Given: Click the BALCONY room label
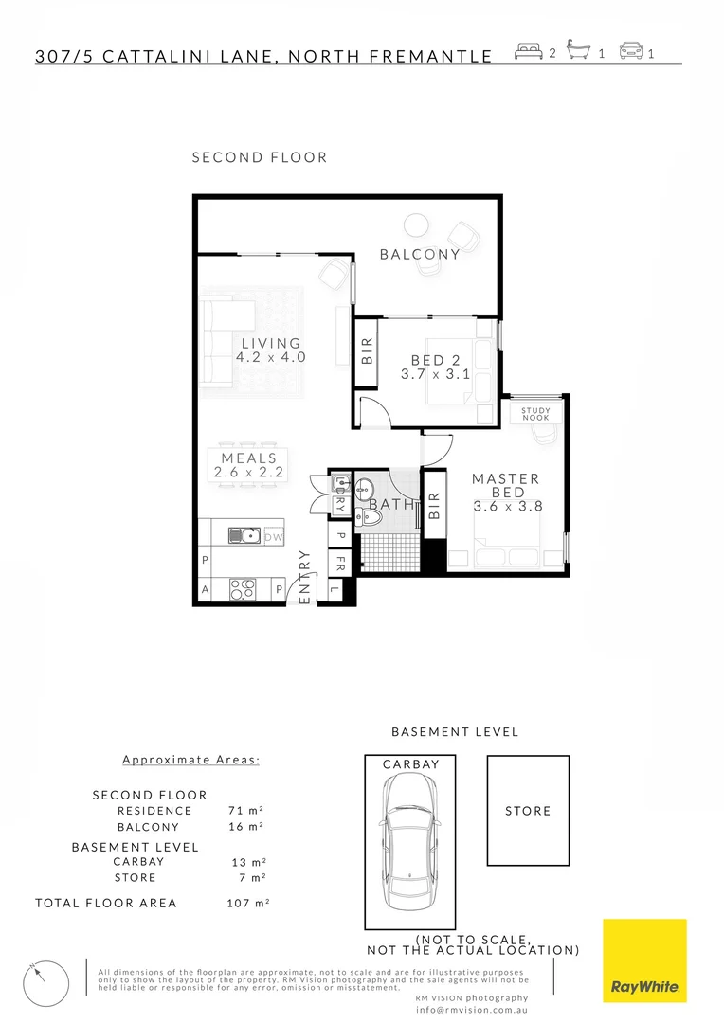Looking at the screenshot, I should point(420,254).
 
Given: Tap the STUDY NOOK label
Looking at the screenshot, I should point(535,414).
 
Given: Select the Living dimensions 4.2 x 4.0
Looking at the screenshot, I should point(271,358).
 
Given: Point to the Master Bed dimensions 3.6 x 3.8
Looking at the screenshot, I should point(506,507).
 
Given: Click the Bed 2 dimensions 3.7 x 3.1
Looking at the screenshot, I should point(435,375).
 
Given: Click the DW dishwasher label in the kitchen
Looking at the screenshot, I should point(273,537).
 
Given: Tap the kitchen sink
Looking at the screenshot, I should point(244,536).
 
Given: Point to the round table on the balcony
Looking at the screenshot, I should point(415,224).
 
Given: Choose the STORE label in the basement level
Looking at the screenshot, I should point(528,811).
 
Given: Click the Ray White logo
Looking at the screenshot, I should point(644,960).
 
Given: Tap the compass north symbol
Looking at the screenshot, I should point(45,983).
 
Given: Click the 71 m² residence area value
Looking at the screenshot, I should point(245,811).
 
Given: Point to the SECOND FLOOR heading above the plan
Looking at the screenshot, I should point(260,157).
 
